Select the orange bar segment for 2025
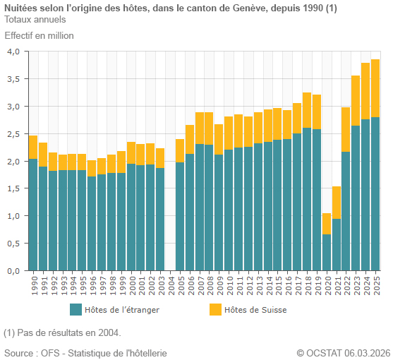[375, 88]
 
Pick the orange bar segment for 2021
[337, 203]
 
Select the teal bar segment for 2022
[346, 211]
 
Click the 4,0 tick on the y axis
[13, 52]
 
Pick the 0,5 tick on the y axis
[13, 244]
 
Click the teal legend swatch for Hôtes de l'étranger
[76, 309]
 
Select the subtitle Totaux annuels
[35, 19]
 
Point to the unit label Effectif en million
[39, 35]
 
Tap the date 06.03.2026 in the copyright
[366, 352]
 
